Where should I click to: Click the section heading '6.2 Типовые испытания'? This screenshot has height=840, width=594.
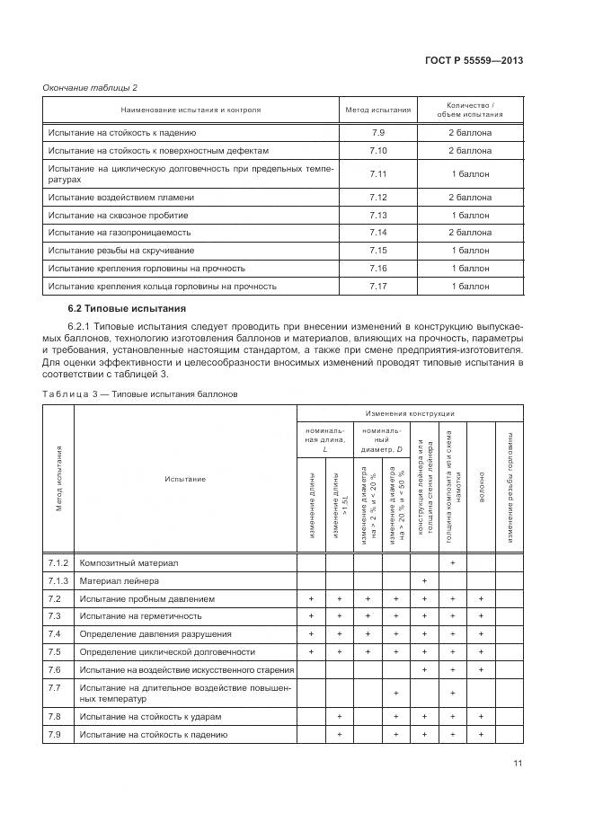pyautogui.click(x=115, y=309)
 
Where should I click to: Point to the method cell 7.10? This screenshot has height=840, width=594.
pyautogui.click(x=377, y=151)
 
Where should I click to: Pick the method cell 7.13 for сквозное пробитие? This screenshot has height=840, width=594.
pyautogui.click(x=377, y=216)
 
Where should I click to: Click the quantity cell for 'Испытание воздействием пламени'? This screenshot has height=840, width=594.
pyautogui.click(x=470, y=197)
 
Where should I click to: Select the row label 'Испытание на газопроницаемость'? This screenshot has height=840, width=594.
pyautogui.click(x=120, y=233)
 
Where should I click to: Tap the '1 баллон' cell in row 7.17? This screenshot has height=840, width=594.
pyautogui.click(x=470, y=287)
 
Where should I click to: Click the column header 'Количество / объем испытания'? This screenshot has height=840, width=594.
pyautogui.click(x=470, y=111)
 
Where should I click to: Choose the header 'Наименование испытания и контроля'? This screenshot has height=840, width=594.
pyautogui.click(x=190, y=111)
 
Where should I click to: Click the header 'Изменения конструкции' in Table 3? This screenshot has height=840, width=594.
pyautogui.click(x=409, y=413)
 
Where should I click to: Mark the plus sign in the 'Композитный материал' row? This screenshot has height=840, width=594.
pyautogui.click(x=452, y=563)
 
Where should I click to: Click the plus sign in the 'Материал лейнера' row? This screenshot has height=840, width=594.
pyautogui.click(x=423, y=581)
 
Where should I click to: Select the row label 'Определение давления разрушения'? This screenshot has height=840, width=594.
pyautogui.click(x=155, y=634)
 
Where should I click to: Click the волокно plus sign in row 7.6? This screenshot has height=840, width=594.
pyautogui.click(x=482, y=669)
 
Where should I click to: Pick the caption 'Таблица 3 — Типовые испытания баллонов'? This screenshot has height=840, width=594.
pyautogui.click(x=139, y=393)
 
